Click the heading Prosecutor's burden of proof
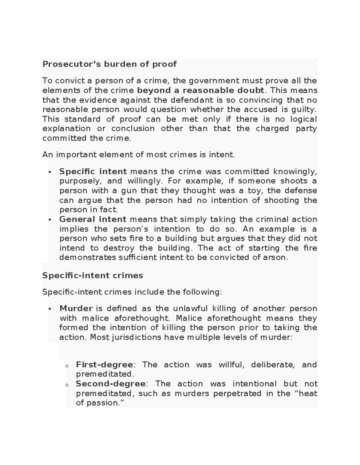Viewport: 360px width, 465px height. click(x=109, y=64)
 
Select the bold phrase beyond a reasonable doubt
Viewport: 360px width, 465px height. click(x=201, y=90)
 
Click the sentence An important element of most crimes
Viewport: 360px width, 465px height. click(x=139, y=155)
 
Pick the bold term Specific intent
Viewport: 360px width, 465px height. click(x=93, y=172)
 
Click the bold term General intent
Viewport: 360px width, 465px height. click(x=93, y=219)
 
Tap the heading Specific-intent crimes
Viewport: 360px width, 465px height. click(x=93, y=275)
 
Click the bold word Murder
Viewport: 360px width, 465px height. click(x=76, y=308)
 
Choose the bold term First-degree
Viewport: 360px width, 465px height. click(x=104, y=365)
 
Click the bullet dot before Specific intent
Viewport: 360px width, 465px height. click(x=50, y=172)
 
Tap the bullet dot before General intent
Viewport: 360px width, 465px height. click(x=50, y=220)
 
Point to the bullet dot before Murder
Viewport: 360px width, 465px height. click(x=50, y=309)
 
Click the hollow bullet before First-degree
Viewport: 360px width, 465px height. click(x=67, y=366)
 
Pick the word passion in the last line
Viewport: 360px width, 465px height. click(x=102, y=403)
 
